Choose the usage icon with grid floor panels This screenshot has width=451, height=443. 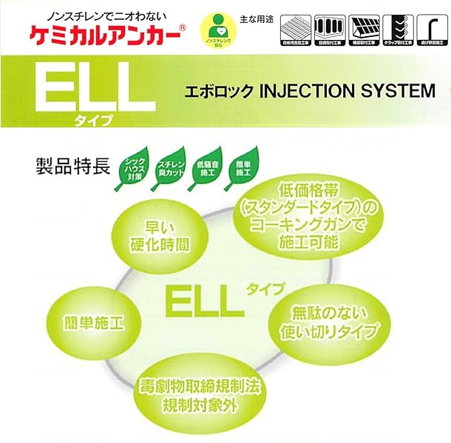[x=294, y=30]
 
